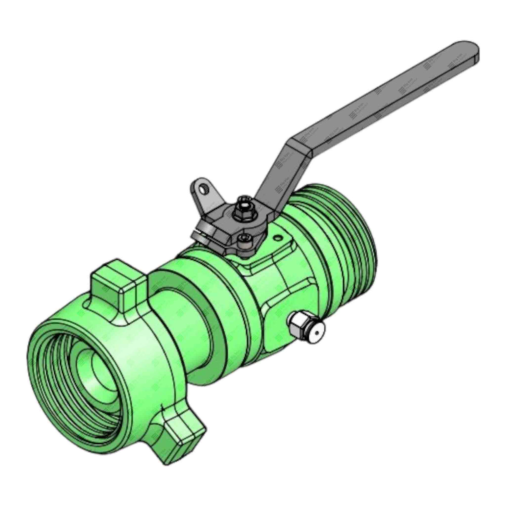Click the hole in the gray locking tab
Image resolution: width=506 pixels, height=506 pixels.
click(203, 188)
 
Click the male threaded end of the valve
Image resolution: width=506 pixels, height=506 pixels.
click(342, 233)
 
